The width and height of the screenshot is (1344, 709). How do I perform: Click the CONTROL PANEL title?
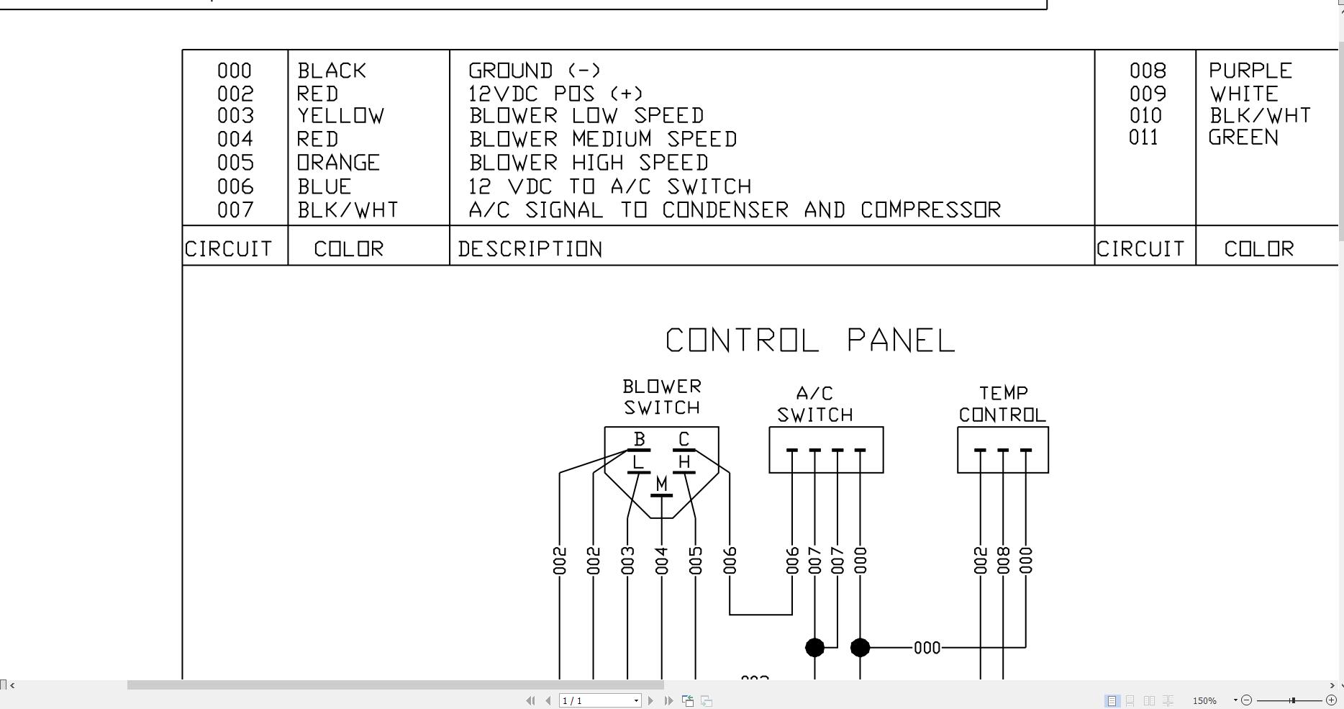[810, 340]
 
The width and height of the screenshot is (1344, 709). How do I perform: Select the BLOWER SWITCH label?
[661, 397]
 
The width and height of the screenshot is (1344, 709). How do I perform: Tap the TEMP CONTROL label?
[1002, 404]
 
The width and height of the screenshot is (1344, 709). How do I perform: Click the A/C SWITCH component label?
[814, 405]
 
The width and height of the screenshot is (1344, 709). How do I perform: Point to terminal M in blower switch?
[661, 484]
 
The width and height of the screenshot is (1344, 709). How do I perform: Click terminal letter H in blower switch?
[684, 462]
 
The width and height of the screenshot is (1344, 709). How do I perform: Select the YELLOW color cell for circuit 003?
[341, 116]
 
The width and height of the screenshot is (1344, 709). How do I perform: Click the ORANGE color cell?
[338, 163]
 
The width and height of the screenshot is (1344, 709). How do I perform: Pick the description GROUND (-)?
[534, 71]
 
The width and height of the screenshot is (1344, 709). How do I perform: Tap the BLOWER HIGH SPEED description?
[589, 163]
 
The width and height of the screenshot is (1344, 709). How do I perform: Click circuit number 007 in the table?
[235, 210]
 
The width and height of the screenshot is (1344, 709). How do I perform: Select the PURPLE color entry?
[1250, 71]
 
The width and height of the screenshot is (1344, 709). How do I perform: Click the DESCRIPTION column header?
[530, 249]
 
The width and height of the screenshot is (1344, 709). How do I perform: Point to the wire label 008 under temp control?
[1003, 561]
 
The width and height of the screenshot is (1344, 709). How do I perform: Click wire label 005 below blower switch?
[695, 561]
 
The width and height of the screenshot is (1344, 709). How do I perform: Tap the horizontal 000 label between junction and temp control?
[927, 648]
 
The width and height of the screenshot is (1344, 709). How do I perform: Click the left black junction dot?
[814, 648]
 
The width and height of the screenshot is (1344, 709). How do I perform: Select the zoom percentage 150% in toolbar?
[1204, 700]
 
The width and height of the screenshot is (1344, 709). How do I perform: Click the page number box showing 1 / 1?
[599, 700]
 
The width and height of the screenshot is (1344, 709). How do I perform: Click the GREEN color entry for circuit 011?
[1243, 137]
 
